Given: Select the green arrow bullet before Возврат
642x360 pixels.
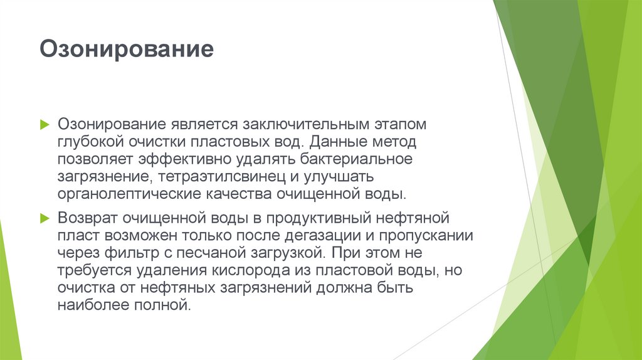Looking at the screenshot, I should point(44,218).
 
